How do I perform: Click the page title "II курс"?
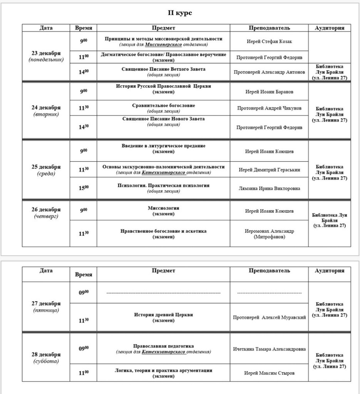(179, 13)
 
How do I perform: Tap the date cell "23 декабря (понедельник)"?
(46, 56)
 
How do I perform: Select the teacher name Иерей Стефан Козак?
(269, 42)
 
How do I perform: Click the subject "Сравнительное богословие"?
(164, 105)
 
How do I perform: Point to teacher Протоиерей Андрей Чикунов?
(269, 108)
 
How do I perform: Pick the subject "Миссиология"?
(164, 208)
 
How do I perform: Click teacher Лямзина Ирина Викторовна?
(269, 188)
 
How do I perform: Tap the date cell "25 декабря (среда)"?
(46, 170)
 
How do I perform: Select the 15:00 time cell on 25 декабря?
(84, 188)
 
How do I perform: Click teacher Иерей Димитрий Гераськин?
(269, 169)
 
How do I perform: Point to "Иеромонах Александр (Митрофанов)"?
(269, 234)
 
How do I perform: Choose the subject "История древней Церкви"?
(164, 315)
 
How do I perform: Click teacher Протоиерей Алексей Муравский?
(269, 317)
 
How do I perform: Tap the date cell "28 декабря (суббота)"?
(46, 357)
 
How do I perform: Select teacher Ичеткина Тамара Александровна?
(269, 349)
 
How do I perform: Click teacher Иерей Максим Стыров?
(269, 373)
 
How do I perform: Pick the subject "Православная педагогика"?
(164, 346)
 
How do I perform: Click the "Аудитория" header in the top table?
(329, 28)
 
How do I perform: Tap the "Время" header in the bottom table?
(84, 274)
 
